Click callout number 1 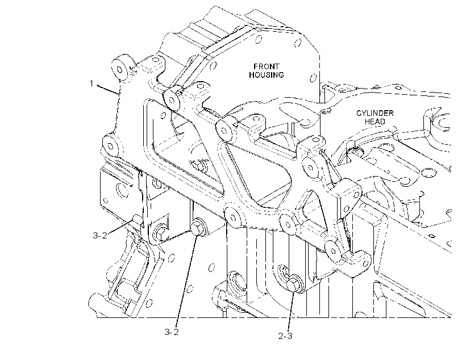(x=91, y=83)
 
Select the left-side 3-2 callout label (x=100, y=236)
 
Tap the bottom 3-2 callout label (x=172, y=332)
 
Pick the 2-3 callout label (x=285, y=336)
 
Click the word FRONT (x=267, y=66)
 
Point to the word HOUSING (x=267, y=75)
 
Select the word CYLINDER (x=375, y=113)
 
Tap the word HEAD (x=375, y=122)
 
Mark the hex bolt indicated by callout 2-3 (x=294, y=284)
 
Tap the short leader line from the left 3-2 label (x=119, y=226)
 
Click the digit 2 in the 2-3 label (x=281, y=336)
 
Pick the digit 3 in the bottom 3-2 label (x=168, y=332)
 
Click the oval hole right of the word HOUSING (x=313, y=78)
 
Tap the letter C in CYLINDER (x=359, y=113)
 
